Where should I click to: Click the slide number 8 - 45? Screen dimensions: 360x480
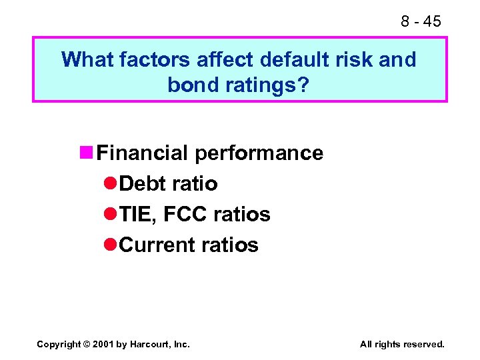tap(421, 21)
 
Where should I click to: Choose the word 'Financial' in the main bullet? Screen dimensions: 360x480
tap(142, 153)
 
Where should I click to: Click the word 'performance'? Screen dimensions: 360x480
tap(259, 153)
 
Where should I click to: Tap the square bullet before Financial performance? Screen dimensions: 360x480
tap(86, 153)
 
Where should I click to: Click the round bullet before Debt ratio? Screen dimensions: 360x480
tap(111, 183)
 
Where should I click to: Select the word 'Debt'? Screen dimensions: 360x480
tap(143, 183)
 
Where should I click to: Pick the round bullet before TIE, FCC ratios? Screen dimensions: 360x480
tap(111, 214)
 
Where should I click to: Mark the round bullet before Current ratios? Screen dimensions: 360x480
tap(111, 245)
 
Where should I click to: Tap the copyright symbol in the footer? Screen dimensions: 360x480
tap(87, 344)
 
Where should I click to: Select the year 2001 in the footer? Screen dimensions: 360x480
tap(105, 344)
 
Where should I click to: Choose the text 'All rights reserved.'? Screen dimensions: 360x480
tap(402, 344)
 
